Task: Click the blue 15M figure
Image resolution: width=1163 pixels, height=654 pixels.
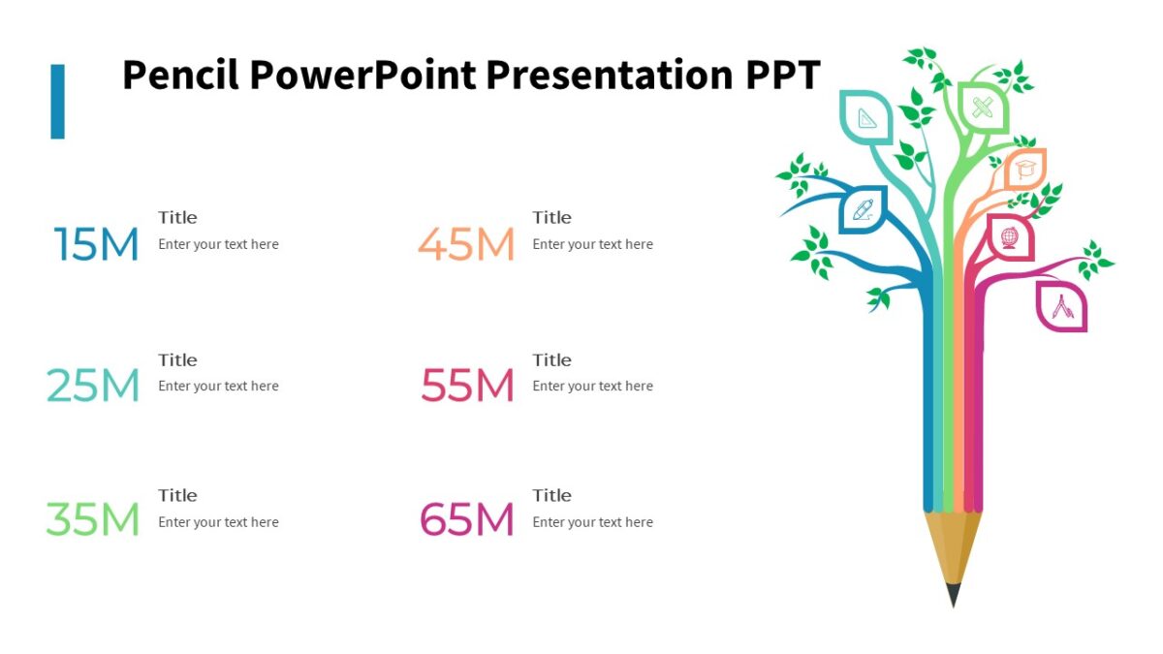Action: pos(96,245)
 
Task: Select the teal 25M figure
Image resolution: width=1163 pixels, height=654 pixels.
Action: pos(93,387)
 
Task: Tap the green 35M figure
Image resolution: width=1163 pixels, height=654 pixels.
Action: pos(93,520)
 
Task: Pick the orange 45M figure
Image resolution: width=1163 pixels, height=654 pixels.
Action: pos(466,245)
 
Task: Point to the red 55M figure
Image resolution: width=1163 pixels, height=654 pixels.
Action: pos(467,387)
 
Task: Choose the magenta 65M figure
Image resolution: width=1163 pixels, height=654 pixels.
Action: pos(466,520)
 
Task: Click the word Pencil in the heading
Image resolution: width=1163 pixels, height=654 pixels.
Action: pos(180,76)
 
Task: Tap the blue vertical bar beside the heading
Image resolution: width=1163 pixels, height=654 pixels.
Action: pos(58,101)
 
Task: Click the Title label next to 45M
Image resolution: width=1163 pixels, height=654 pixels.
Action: pos(551,218)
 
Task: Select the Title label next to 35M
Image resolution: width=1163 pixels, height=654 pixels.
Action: pos(177,496)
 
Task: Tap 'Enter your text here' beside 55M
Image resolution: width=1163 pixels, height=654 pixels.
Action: pos(592,386)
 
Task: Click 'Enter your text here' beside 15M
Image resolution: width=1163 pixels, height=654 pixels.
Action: pos(218,244)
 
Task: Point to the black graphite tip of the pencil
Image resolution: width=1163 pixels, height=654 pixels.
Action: pos(954,594)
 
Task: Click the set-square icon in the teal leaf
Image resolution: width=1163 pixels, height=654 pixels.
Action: pos(867,117)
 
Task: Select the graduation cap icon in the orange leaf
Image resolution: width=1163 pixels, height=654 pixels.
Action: pos(1025,171)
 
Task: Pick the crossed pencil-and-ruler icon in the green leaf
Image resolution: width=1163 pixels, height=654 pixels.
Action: pos(983,107)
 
